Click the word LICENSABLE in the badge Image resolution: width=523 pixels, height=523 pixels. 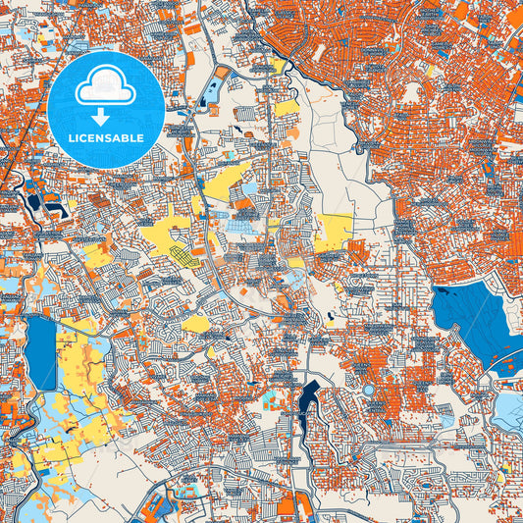106,137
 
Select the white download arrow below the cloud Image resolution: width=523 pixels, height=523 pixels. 105,116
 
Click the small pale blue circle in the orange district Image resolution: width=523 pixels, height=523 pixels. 369,390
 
